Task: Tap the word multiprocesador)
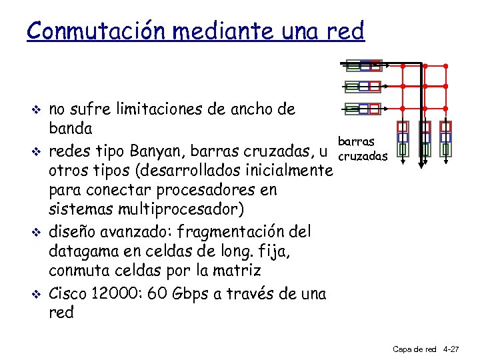pos(181,209)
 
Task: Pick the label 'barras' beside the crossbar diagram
pos(356,141)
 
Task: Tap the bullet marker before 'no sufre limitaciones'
pos(38,109)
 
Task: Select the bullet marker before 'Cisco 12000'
pos(38,293)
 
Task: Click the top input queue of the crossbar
pos(363,65)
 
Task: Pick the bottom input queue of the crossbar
pos(363,109)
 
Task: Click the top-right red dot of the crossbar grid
pos(445,65)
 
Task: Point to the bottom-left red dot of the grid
pos(403,109)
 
